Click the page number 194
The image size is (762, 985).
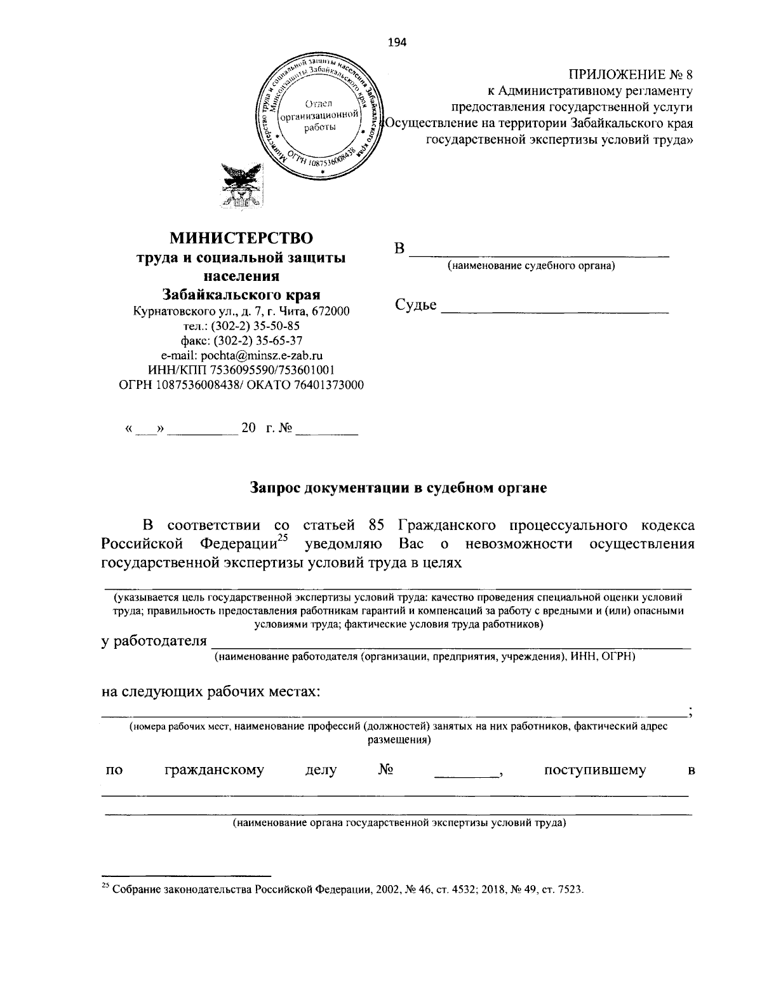click(396, 43)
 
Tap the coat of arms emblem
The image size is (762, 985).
click(239, 186)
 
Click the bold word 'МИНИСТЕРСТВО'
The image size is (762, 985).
click(241, 238)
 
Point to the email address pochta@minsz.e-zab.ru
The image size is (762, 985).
click(242, 356)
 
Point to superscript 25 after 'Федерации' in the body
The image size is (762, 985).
click(283, 540)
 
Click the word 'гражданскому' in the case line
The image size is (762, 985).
click(214, 770)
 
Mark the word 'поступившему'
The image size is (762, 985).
click(595, 770)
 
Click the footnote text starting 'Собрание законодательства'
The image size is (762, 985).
click(347, 890)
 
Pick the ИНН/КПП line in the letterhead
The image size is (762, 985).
click(242, 370)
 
